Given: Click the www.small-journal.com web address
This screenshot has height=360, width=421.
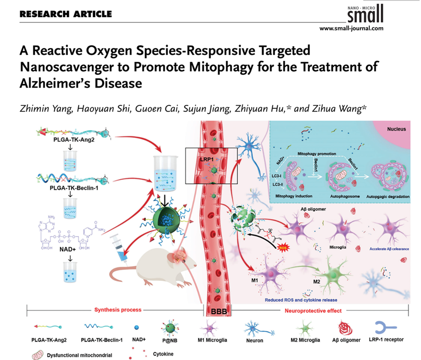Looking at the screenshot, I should coord(351,29).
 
